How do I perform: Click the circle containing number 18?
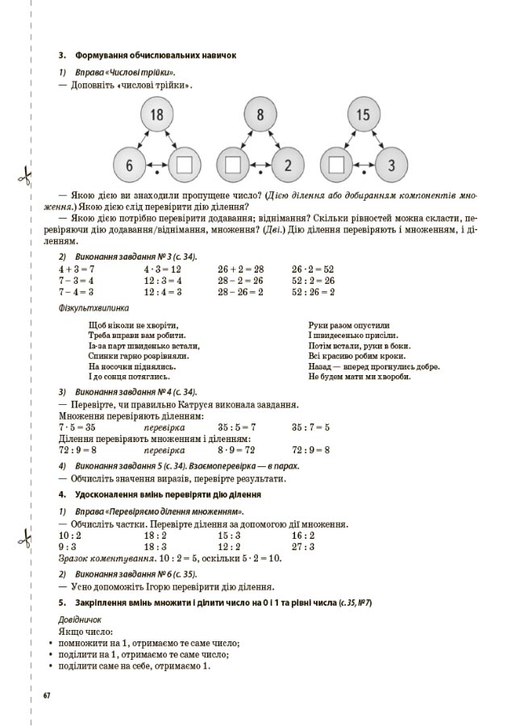(x=156, y=115)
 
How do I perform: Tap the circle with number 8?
(x=260, y=115)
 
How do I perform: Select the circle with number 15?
(x=363, y=115)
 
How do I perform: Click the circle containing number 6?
(x=129, y=165)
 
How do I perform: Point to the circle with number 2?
(x=288, y=165)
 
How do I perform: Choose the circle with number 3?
(x=391, y=165)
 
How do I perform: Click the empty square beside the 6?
(x=185, y=165)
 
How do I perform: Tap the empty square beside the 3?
(x=336, y=165)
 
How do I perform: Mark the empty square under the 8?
(x=234, y=165)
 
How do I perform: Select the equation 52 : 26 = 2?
(x=313, y=291)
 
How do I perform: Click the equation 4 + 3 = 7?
(x=77, y=269)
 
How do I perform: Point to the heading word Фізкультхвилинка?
(x=94, y=307)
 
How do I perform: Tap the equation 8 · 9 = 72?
(x=236, y=449)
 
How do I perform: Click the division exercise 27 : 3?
(x=303, y=546)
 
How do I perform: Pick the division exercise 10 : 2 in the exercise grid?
(x=70, y=535)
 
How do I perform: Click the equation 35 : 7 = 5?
(x=310, y=427)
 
